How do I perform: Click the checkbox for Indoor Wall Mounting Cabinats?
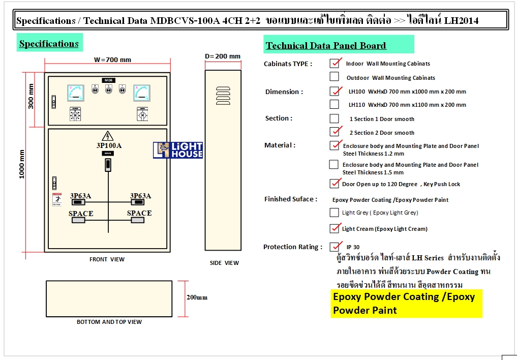pyautogui.click(x=334, y=63)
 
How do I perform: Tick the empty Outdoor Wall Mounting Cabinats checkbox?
pyautogui.click(x=334, y=77)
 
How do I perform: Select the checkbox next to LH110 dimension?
pyautogui.click(x=334, y=104)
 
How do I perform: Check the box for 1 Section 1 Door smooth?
pyautogui.click(x=334, y=118)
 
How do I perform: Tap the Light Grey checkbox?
pyautogui.click(x=334, y=213)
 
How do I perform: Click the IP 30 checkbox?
pyautogui.click(x=334, y=247)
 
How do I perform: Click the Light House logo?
pyautogui.click(x=178, y=150)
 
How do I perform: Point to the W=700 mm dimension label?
pyautogui.click(x=112, y=59)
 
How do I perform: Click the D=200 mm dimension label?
pyautogui.click(x=223, y=56)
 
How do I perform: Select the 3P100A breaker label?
pyautogui.click(x=109, y=145)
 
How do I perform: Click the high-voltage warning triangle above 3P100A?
pyautogui.click(x=107, y=136)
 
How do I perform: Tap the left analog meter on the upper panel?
pyautogui.click(x=76, y=93)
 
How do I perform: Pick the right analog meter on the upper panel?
pyautogui.click(x=142, y=93)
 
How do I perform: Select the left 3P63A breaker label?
pyautogui.click(x=81, y=196)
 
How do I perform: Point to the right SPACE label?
pyautogui.click(x=139, y=213)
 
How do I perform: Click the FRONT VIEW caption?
pyautogui.click(x=107, y=259)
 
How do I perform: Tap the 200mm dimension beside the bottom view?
pyautogui.click(x=197, y=297)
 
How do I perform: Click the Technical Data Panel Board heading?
pyautogui.click(x=326, y=46)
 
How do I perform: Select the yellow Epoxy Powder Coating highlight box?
pyautogui.click(x=406, y=303)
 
